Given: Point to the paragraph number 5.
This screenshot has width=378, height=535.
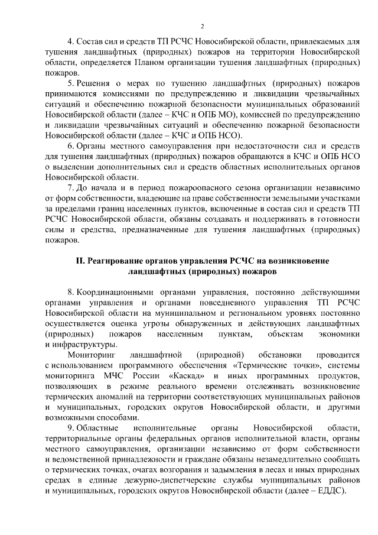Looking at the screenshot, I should pos(70,83).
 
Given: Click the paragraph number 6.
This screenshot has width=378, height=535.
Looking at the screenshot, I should pos(70,145).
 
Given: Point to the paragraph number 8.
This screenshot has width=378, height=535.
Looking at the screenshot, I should pos(70,292).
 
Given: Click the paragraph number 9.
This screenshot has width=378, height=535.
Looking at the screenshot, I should pos(70,428).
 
